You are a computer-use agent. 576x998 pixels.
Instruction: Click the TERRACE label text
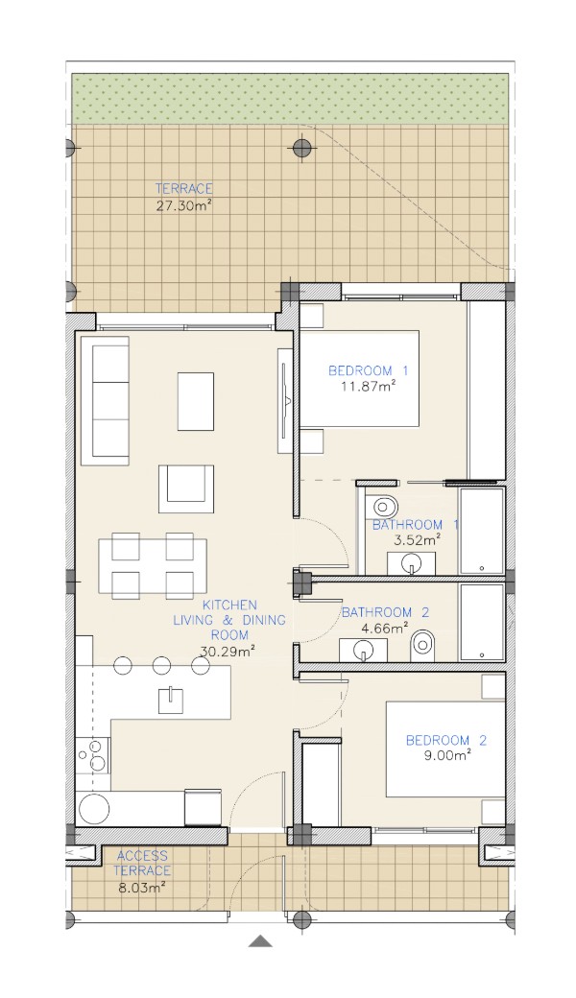[x=183, y=188]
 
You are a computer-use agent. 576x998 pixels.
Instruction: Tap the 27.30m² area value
[x=183, y=205]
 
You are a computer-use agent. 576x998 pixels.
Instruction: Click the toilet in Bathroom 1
[x=382, y=507]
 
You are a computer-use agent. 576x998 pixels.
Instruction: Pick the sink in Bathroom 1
[x=411, y=563]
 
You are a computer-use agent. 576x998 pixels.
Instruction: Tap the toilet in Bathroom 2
[x=421, y=646]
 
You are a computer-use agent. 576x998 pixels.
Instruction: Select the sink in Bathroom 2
[x=363, y=650]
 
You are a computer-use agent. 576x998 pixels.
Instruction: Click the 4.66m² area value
[x=385, y=629]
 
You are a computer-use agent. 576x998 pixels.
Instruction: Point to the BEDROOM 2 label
[x=446, y=740]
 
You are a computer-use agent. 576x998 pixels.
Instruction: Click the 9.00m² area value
[x=448, y=756]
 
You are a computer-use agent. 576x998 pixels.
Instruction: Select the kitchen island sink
[x=171, y=701]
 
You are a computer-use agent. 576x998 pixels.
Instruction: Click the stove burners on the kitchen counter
[x=94, y=755]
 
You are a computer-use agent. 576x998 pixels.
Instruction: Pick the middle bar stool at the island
[x=161, y=666]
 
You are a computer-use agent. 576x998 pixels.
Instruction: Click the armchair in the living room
[x=186, y=488]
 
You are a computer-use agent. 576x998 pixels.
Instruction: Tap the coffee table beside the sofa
[x=196, y=402]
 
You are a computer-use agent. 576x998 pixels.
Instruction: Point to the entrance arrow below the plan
[x=259, y=941]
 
